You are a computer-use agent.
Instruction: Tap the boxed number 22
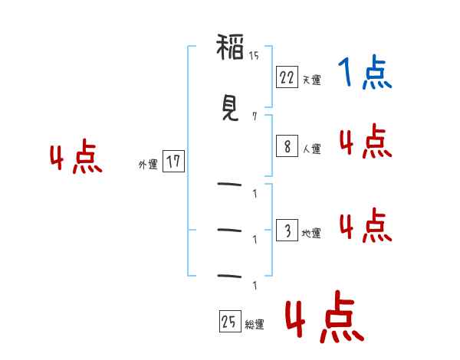287,77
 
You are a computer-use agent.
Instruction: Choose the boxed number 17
173,162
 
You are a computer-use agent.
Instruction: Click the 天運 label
311,79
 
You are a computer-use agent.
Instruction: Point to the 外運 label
148,164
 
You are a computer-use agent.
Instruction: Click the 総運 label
254,324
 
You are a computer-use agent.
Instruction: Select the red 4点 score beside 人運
365,142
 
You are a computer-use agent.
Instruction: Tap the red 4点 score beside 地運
365,225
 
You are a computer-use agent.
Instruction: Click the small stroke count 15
254,55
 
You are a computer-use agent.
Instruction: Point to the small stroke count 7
254,116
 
